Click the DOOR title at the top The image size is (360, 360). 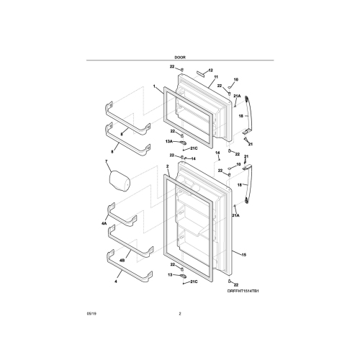[180, 55]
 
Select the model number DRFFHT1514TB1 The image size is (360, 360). [242, 290]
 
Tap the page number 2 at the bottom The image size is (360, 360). [180, 314]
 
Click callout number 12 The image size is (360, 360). [211, 71]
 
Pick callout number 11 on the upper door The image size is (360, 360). [215, 76]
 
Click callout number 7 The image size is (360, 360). [107, 162]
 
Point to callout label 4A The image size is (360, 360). [104, 225]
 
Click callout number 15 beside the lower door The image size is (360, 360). [244, 255]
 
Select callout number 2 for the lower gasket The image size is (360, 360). [167, 166]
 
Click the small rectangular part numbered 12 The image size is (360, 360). [200, 72]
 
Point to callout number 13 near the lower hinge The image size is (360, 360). [171, 274]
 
